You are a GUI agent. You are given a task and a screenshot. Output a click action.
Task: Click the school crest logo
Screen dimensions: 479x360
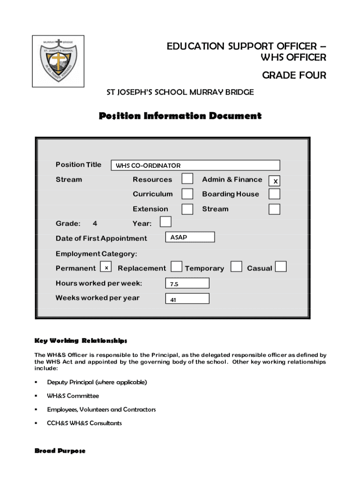58,61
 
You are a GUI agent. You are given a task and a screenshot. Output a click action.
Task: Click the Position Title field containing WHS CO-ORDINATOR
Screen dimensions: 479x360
195,165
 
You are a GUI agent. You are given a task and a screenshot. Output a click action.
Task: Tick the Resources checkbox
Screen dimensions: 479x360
187,179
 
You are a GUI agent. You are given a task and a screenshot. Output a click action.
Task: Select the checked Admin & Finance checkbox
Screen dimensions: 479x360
275,181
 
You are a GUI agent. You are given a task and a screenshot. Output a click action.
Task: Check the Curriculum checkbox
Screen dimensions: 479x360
187,194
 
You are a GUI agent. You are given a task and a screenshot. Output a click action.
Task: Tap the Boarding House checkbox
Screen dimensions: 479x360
275,194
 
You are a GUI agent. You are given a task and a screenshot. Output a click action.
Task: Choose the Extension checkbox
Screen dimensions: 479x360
187,209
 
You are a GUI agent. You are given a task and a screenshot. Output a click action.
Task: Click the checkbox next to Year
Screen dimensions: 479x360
166,222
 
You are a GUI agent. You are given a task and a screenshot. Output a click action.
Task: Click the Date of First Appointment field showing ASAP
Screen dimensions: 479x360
190,237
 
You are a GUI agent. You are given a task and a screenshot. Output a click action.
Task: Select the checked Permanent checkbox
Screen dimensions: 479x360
107,268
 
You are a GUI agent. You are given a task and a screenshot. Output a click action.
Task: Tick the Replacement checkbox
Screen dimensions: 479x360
176,267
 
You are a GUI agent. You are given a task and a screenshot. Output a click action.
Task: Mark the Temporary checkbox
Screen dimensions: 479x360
237,267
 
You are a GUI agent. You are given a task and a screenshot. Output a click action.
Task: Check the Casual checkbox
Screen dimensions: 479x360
281,267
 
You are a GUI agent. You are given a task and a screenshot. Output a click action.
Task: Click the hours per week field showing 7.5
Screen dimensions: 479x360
187,283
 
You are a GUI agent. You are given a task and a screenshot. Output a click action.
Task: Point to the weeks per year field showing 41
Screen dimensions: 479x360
187,298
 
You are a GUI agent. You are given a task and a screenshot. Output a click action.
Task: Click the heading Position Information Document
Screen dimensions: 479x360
180,116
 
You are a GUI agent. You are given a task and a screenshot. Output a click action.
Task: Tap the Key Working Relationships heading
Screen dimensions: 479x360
81,340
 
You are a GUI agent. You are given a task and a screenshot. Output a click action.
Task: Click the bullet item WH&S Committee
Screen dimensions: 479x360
73,396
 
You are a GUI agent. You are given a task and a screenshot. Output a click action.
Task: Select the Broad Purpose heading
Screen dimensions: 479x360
60,451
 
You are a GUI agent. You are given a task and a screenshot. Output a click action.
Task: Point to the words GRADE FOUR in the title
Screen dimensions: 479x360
294,75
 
